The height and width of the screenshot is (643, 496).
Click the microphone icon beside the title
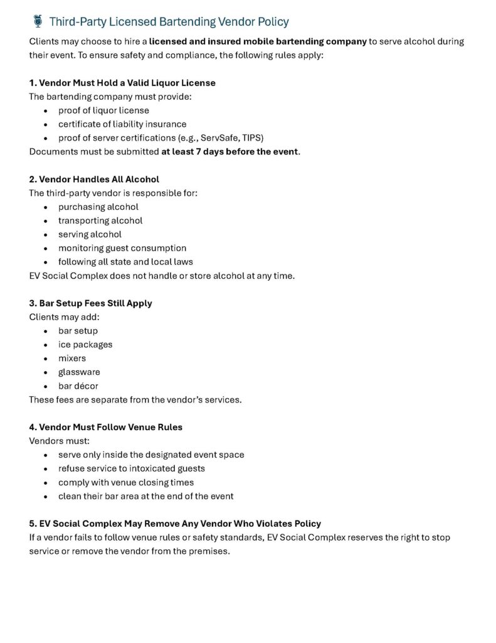37,21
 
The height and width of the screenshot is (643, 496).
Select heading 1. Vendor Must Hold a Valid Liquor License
122,83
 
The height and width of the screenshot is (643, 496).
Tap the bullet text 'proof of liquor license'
103,111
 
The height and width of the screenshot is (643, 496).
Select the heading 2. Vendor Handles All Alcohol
94,179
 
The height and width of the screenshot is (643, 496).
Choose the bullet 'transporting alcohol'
100,220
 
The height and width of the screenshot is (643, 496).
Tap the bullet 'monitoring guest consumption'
122,248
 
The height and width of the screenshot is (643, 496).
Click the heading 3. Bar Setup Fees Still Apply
91,303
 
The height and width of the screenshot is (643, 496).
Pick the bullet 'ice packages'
85,345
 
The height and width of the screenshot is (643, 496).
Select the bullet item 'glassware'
79,372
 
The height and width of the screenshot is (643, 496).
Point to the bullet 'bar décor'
78,386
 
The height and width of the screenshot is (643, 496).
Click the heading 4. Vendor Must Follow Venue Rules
106,427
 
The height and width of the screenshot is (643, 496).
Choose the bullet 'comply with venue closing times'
126,482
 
